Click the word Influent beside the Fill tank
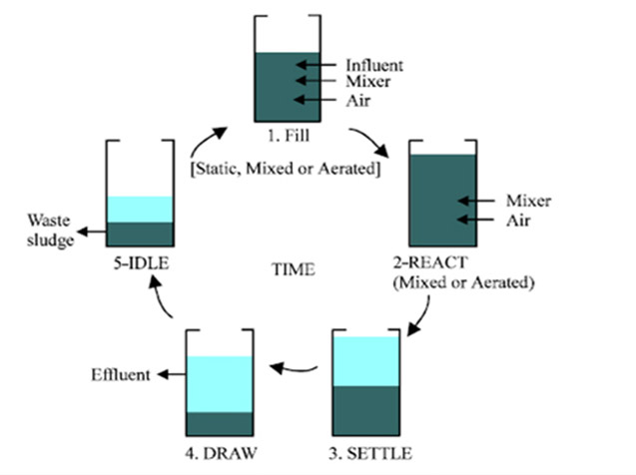(374, 65)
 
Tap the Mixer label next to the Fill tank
(367, 82)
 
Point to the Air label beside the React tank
(518, 221)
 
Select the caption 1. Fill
(289, 136)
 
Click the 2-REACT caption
(430, 262)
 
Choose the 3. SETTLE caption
(370, 453)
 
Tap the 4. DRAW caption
(221, 453)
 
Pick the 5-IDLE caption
(141, 263)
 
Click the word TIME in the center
(294, 269)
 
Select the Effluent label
(121, 375)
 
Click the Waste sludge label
(51, 231)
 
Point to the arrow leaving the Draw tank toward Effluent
(172, 374)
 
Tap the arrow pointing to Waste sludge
(92, 232)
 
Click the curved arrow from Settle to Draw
(293, 369)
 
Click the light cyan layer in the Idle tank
(141, 210)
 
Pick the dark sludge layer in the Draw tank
(220, 423)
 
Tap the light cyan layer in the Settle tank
(365, 361)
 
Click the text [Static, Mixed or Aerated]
(286, 169)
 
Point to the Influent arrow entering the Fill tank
(316, 65)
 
